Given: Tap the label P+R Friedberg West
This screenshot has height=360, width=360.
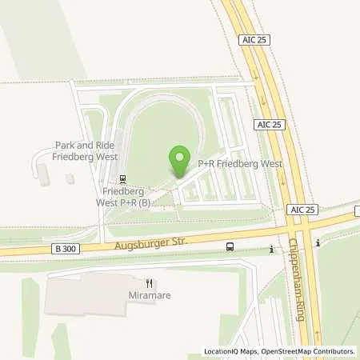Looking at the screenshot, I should [230, 163].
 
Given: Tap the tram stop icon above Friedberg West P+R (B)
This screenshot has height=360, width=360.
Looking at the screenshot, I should [122, 179].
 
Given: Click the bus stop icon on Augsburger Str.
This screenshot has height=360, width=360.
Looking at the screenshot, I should [230, 247].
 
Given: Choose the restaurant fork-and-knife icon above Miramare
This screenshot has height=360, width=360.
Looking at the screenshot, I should [149, 282].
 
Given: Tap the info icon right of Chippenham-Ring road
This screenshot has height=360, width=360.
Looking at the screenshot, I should [318, 242].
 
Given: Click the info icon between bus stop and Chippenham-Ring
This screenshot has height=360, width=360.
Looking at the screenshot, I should [272, 250].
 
